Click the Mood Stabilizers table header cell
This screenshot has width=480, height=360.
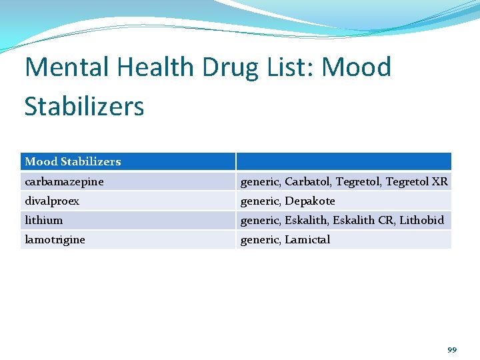(73, 161)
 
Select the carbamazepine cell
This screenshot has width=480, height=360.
(64, 181)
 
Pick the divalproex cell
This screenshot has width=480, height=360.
(52, 201)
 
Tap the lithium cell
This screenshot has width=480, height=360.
(44, 220)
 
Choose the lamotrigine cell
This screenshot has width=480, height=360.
(55, 239)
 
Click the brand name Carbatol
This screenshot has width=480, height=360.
(309, 181)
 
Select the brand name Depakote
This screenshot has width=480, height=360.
(310, 201)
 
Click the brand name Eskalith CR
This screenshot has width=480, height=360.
(363, 220)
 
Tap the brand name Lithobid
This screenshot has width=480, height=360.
(421, 220)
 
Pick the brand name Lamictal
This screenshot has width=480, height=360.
(307, 239)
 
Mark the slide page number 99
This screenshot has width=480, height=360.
(452, 349)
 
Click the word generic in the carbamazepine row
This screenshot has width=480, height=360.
(259, 181)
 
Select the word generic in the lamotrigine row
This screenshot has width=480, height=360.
(259, 239)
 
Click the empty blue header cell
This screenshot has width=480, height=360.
(343, 161)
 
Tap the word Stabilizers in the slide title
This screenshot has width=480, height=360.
(84, 106)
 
